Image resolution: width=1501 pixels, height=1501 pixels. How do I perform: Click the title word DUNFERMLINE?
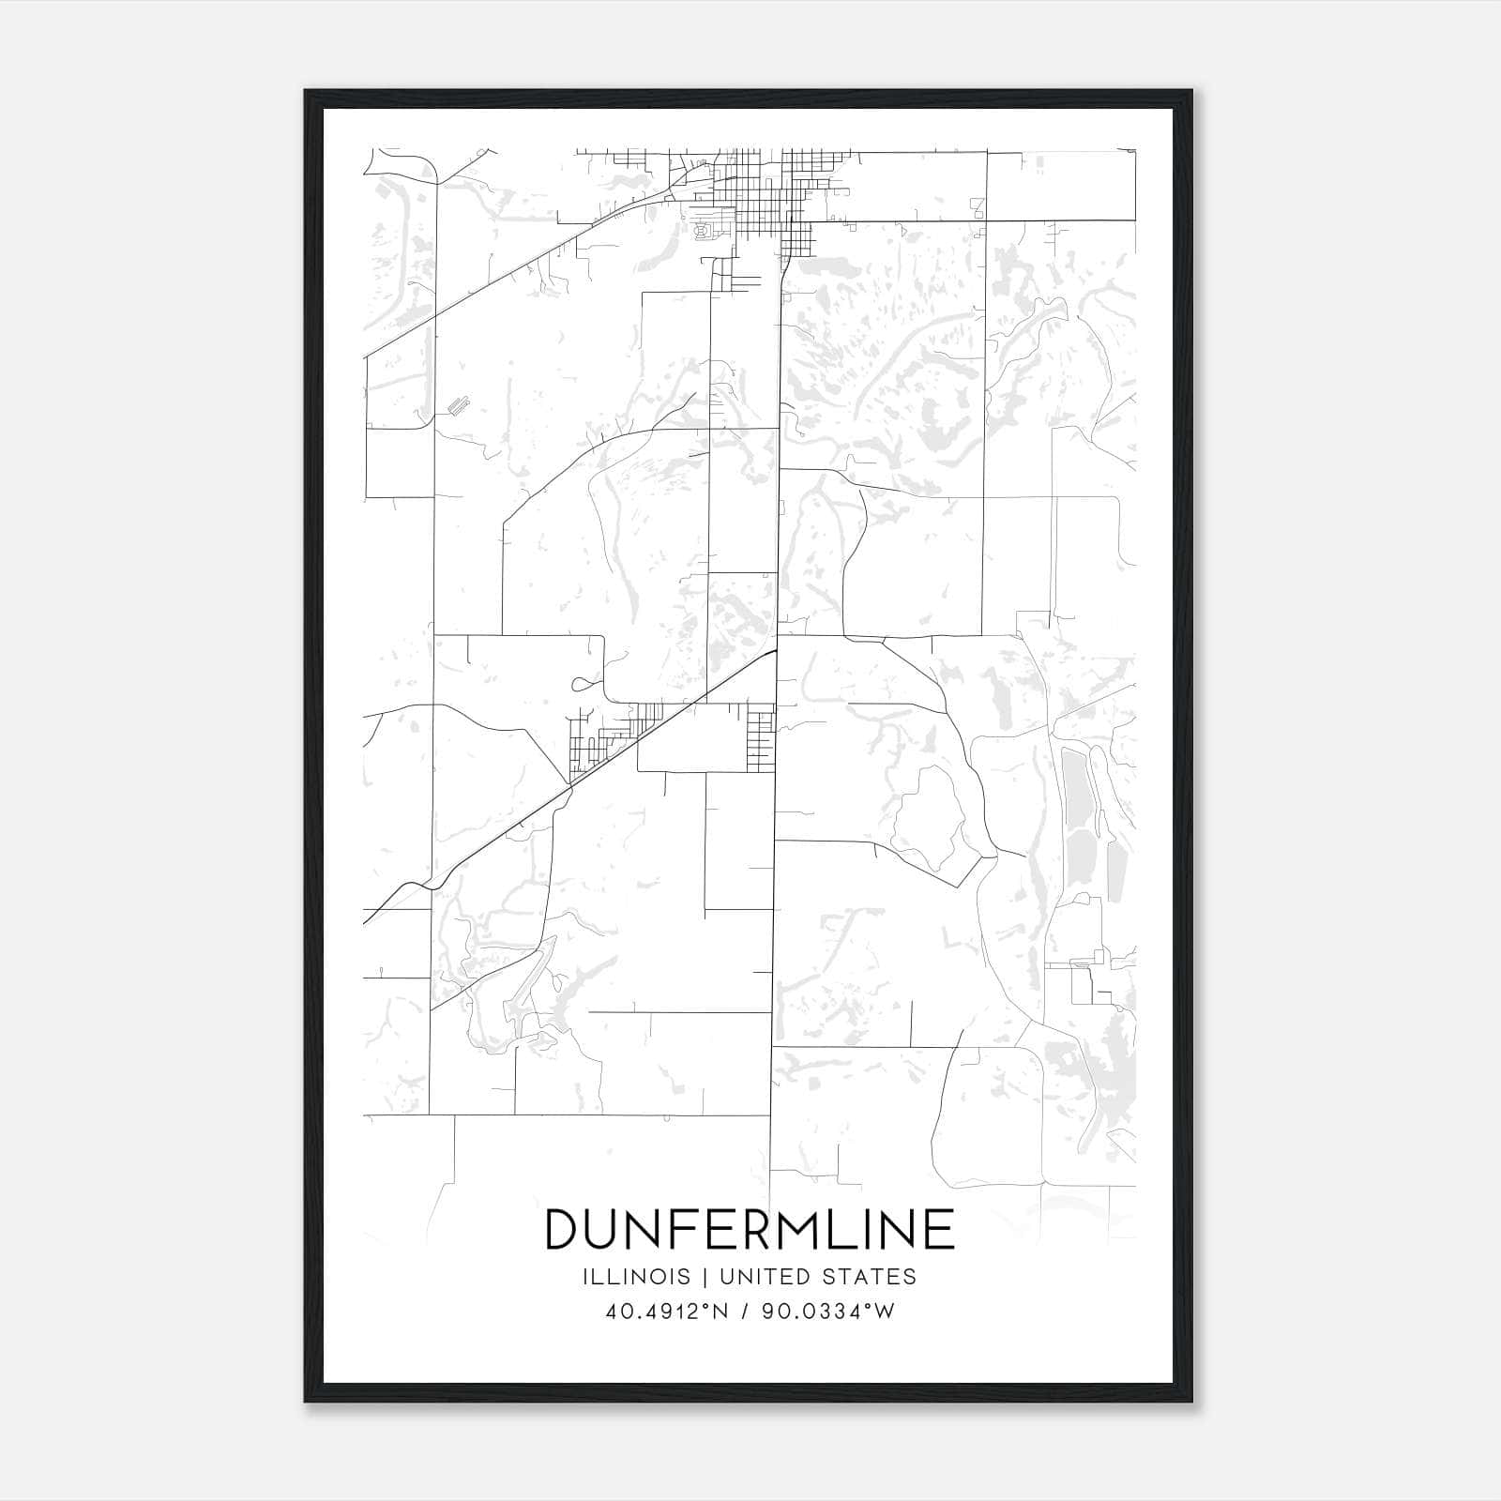point(750,1229)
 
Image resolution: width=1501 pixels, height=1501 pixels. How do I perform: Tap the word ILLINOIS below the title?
point(637,1277)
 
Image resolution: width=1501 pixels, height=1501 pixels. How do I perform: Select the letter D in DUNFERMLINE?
point(561,1229)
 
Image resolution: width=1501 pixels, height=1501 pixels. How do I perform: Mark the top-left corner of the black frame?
point(306,91)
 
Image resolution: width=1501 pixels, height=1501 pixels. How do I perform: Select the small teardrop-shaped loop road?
point(583,684)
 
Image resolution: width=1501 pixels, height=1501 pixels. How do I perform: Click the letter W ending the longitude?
point(886,1311)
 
